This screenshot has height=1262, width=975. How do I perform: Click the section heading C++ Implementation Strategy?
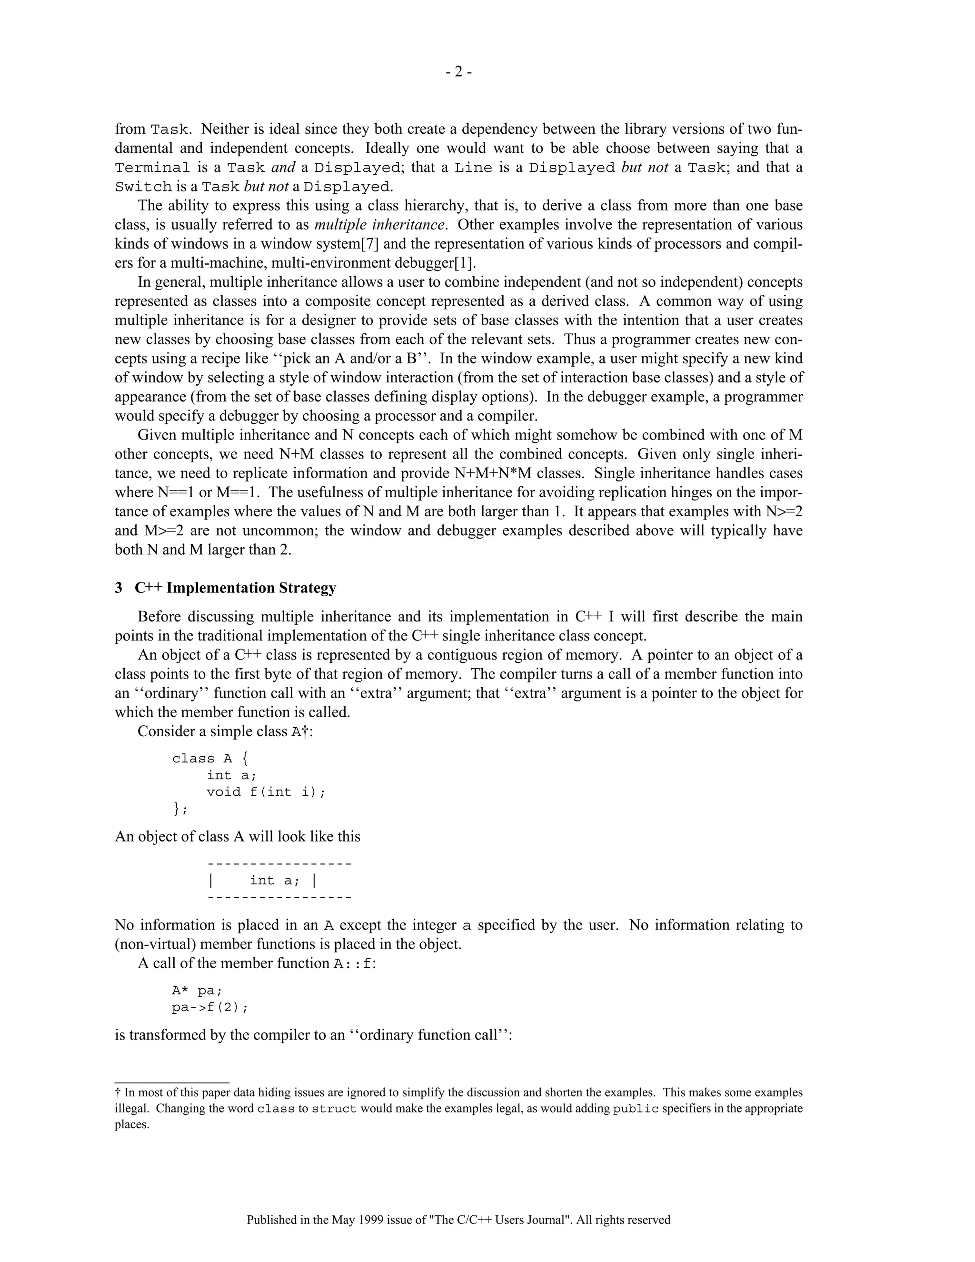point(235,588)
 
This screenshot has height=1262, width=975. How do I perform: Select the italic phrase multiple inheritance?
point(379,224)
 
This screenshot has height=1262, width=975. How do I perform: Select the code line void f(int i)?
point(266,791)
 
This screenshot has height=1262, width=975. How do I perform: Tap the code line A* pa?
point(197,991)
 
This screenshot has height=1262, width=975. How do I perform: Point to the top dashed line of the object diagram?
point(279,864)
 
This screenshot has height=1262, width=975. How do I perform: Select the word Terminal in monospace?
point(152,168)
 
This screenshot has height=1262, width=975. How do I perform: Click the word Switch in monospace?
point(143,187)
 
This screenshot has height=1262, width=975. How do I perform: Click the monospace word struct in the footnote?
point(334,1109)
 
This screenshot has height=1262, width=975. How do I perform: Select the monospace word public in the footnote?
point(636,1109)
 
